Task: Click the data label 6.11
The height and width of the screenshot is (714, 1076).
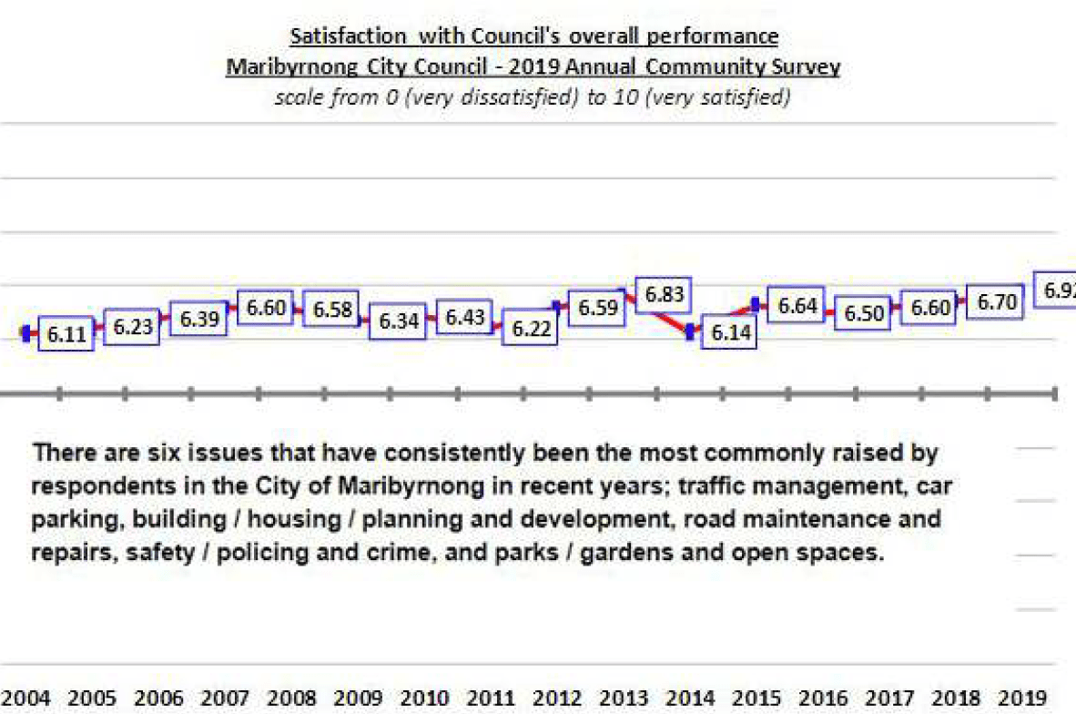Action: (66, 335)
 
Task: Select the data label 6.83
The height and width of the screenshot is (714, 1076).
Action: (665, 295)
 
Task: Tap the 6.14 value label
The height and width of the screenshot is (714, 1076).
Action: (730, 333)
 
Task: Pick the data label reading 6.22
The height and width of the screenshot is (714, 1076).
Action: (533, 330)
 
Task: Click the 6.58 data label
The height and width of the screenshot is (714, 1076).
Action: (331, 308)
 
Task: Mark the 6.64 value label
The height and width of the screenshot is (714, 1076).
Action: (797, 306)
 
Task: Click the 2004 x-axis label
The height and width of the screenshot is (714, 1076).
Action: (28, 699)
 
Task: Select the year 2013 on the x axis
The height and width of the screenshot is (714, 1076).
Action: (626, 699)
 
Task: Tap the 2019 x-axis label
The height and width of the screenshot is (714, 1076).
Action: (1025, 699)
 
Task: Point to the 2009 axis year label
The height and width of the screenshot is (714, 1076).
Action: (358, 699)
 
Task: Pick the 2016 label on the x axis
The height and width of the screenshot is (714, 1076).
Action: (826, 699)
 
